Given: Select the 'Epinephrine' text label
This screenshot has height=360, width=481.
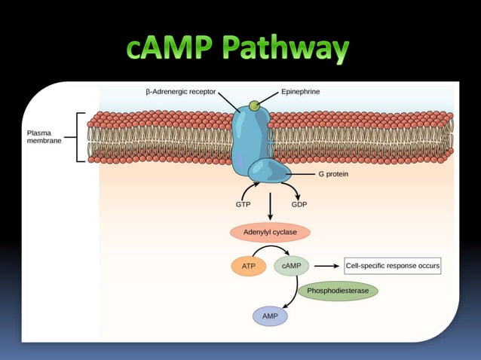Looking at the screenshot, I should click(x=300, y=91).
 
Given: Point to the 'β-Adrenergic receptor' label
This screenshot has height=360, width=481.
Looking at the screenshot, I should click(x=180, y=91).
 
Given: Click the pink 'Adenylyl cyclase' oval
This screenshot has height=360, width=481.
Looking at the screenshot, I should click(x=269, y=232).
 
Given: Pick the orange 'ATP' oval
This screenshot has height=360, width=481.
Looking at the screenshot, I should click(x=248, y=266).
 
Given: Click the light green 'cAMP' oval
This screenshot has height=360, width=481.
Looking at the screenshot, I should click(x=291, y=266).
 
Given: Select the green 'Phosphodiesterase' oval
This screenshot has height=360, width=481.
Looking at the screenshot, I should click(x=338, y=290).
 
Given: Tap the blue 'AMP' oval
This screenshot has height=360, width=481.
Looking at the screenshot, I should click(x=270, y=316).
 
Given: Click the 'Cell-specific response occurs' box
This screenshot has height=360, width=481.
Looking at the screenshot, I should click(x=392, y=266).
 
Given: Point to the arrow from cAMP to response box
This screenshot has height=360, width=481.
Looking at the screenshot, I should click(x=325, y=266).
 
